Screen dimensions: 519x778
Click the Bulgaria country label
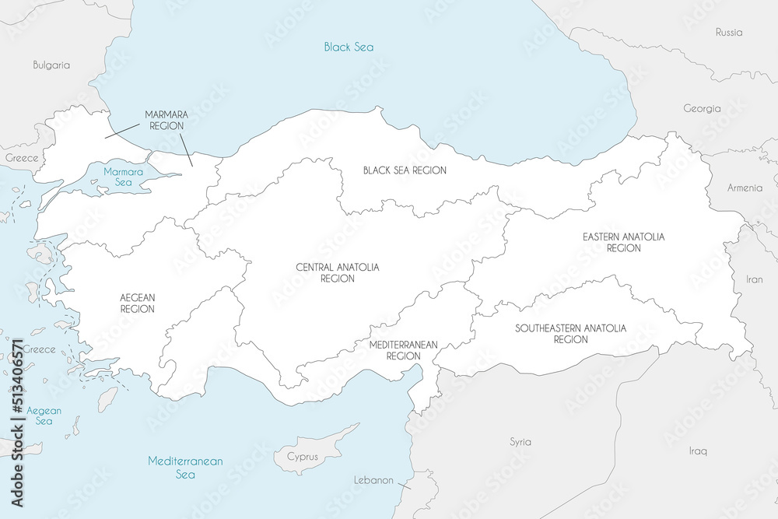point(51,65)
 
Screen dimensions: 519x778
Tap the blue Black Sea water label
point(349,47)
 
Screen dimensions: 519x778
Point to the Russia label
point(729,33)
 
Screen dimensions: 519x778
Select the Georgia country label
point(702,109)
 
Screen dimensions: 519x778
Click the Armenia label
point(745,188)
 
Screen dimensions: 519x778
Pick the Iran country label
point(755,279)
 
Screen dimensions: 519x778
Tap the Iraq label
point(698,451)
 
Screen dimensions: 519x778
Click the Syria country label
point(520,442)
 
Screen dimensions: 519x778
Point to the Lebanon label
point(373,480)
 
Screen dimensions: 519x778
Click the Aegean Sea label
point(44,416)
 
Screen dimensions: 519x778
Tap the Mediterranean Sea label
point(185,468)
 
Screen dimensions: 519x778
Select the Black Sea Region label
point(405,170)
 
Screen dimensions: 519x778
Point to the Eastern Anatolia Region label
point(624,242)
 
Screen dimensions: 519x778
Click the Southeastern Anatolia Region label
point(570,334)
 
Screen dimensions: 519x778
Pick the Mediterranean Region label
point(403,350)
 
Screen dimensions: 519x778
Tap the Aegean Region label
point(138,303)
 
